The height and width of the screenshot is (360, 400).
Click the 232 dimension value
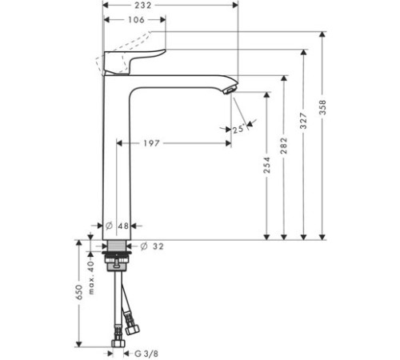coord(166,6)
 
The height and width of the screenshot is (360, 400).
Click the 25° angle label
coord(238,129)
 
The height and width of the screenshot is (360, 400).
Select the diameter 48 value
coord(122,226)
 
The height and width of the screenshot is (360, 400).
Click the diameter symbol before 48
coord(110,226)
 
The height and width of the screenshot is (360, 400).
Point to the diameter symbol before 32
coord(145,246)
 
